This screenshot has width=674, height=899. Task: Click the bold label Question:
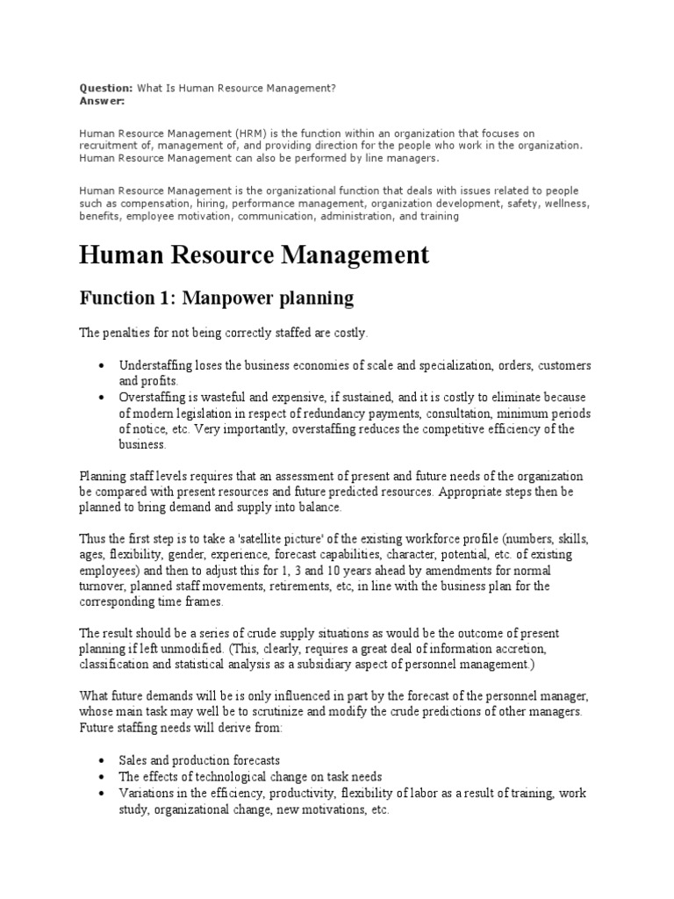tap(105, 89)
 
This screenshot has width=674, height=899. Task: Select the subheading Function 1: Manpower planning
tap(216, 298)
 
